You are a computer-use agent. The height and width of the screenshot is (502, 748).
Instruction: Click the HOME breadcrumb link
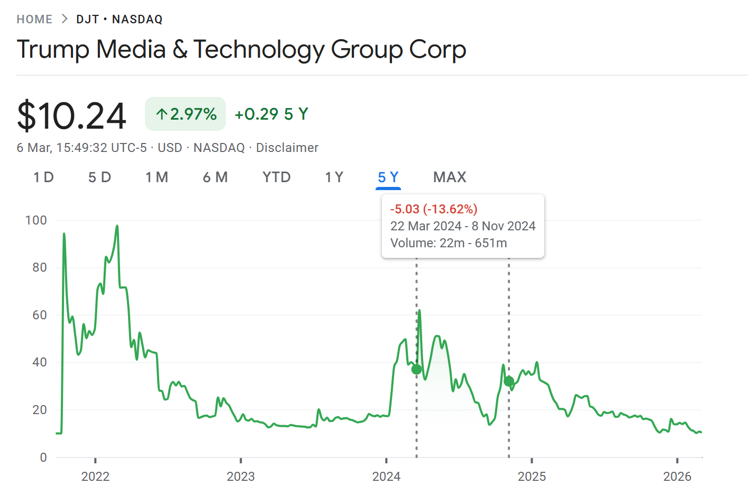pyautogui.click(x=34, y=20)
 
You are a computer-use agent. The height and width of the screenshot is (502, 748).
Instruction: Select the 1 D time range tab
pyautogui.click(x=43, y=177)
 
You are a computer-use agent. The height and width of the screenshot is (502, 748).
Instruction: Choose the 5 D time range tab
pyautogui.click(x=99, y=177)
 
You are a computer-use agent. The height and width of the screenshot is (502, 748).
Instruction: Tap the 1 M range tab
pyautogui.click(x=157, y=177)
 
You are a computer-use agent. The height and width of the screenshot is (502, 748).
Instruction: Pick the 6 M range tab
pyautogui.click(x=215, y=177)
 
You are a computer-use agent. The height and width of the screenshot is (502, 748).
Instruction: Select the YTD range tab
pyautogui.click(x=277, y=177)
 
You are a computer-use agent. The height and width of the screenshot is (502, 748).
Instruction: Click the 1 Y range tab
pyautogui.click(x=334, y=177)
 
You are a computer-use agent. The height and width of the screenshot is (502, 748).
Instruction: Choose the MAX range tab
pyautogui.click(x=450, y=177)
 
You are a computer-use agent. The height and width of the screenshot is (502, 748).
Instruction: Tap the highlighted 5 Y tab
pyautogui.click(x=388, y=177)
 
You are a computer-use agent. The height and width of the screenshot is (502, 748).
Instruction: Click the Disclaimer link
pyautogui.click(x=287, y=148)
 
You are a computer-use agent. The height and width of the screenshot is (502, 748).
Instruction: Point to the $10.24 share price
pyautogui.click(x=72, y=115)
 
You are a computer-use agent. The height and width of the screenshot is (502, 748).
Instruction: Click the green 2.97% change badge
pyautogui.click(x=186, y=114)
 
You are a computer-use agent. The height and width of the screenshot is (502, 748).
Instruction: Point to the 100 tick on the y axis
pyautogui.click(x=36, y=220)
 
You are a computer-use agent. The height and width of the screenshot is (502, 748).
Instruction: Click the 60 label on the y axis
pyautogui.click(x=40, y=315)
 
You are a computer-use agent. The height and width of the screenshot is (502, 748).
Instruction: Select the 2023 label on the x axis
pyautogui.click(x=241, y=477)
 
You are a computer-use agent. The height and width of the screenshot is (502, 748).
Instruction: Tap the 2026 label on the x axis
pyautogui.click(x=677, y=477)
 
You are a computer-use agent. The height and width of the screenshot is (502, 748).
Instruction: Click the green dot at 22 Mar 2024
pyautogui.click(x=417, y=369)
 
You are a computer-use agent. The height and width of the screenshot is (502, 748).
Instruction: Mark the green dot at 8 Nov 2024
pyautogui.click(x=509, y=381)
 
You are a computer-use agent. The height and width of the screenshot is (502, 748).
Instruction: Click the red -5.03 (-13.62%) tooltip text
pyautogui.click(x=434, y=209)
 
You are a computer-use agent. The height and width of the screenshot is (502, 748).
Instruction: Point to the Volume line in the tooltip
pyautogui.click(x=449, y=243)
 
